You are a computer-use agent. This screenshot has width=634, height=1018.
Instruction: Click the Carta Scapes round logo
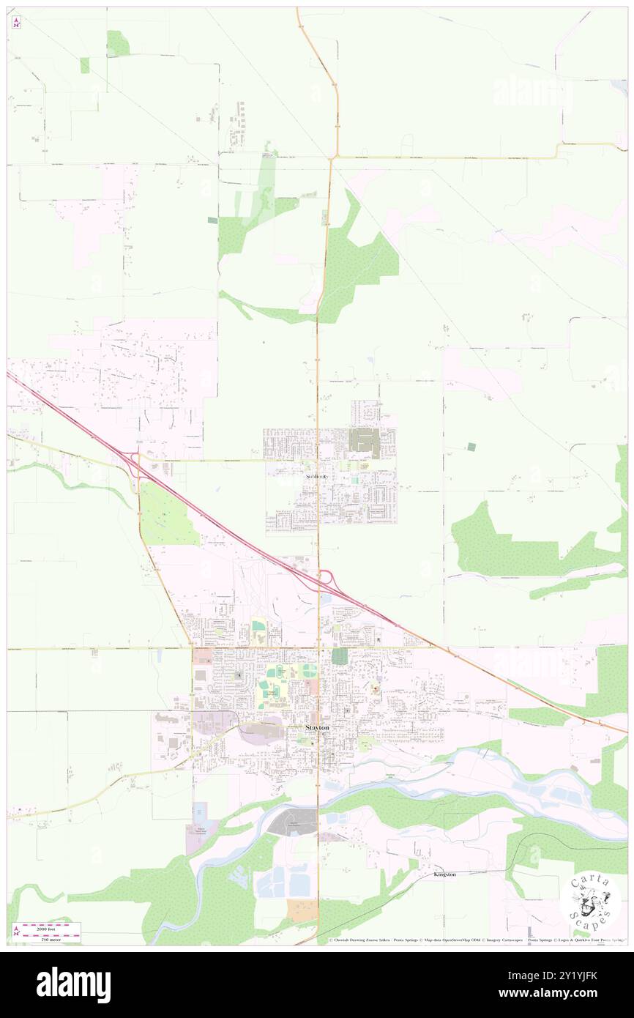click(x=590, y=902)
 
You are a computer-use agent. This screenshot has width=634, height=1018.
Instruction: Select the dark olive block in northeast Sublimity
click(x=364, y=442)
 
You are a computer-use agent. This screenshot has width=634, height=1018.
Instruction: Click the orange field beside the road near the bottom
click(x=302, y=910)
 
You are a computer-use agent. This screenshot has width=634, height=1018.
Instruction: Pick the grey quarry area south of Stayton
click(x=291, y=823)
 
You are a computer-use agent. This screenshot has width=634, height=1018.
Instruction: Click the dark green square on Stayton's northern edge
click(x=339, y=656)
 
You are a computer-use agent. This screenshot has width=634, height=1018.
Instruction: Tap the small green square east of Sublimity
click(x=471, y=446)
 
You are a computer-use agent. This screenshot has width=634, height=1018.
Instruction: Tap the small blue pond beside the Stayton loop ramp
click(x=325, y=598)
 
